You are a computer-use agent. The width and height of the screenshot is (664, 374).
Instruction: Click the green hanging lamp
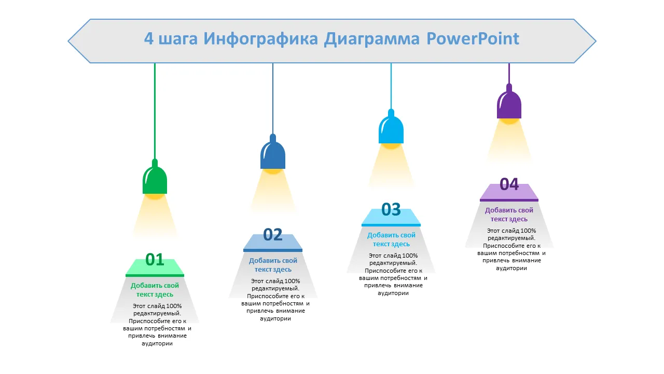click(155, 179)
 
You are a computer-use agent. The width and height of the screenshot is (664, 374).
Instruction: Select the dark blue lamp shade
click(273, 154)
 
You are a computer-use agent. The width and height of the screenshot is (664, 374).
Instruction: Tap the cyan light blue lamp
click(391, 129)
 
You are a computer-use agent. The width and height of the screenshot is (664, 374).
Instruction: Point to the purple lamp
click(509, 104)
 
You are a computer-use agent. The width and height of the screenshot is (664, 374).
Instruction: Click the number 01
click(155, 259)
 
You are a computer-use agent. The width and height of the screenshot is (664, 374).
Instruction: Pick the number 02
click(273, 235)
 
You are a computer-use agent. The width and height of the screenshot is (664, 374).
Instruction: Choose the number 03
click(391, 209)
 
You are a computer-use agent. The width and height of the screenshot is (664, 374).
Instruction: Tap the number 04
click(509, 184)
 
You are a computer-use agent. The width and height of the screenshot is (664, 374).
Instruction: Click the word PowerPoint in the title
click(473, 39)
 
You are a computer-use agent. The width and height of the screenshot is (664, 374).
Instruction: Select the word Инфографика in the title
click(260, 39)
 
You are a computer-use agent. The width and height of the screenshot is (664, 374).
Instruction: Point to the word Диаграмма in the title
click(371, 39)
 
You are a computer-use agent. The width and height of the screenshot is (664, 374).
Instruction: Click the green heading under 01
click(155, 290)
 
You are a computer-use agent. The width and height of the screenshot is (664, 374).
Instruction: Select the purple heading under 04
click(509, 215)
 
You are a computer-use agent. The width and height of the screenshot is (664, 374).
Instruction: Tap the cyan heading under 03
click(391, 239)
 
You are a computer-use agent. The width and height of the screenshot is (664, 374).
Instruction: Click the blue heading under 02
click(273, 265)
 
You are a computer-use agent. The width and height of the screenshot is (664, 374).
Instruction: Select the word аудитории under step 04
click(511, 268)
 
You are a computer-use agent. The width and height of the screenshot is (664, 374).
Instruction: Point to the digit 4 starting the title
click(149, 39)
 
